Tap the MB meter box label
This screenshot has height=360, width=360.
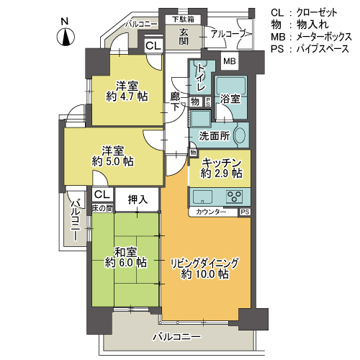coord(230,61)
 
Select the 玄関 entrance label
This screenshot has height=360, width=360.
coord(184,37)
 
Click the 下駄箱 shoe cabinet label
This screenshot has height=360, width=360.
coord(183,19)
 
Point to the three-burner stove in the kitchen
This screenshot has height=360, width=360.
coord(234,197)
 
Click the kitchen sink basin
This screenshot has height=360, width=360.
coord(203,197)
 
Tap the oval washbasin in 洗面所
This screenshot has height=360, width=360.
coord(240,135)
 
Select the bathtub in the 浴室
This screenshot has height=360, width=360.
coord(230,85)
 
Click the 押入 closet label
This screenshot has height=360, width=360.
coord(138,199)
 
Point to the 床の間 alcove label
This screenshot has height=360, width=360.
coord(103,208)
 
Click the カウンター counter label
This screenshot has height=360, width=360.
coord(211,212)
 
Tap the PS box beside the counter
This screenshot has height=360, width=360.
coord(245,212)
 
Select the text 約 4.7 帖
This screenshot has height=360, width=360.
coord(127,96)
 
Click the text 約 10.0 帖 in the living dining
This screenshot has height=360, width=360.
coord(204,274)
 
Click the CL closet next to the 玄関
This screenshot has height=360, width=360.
coord(153,45)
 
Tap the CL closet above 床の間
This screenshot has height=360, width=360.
coord(102,194)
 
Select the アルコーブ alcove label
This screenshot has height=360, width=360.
coord(229,34)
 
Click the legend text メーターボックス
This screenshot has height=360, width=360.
coord(324,37)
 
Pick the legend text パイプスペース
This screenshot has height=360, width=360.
coord(323,49)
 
